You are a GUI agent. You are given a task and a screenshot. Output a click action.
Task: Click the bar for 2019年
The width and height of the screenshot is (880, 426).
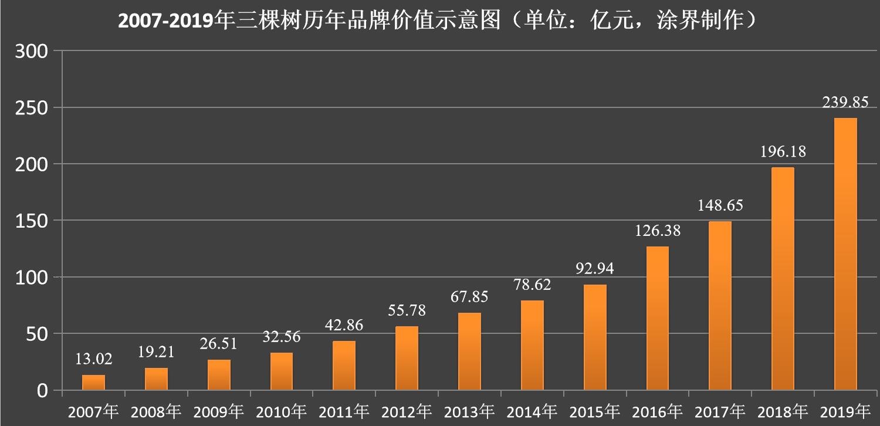845,254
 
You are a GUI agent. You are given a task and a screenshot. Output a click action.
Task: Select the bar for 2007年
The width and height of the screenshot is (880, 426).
93,383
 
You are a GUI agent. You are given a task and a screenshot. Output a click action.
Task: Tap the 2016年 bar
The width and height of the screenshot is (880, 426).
657,318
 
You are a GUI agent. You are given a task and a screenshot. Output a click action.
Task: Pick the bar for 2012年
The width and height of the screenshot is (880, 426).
407,358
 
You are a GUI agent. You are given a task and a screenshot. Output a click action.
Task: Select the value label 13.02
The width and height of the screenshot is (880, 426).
93,359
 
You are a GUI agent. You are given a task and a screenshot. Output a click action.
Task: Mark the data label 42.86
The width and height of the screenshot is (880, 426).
344,324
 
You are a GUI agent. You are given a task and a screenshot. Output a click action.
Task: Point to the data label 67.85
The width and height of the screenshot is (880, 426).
469,296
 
